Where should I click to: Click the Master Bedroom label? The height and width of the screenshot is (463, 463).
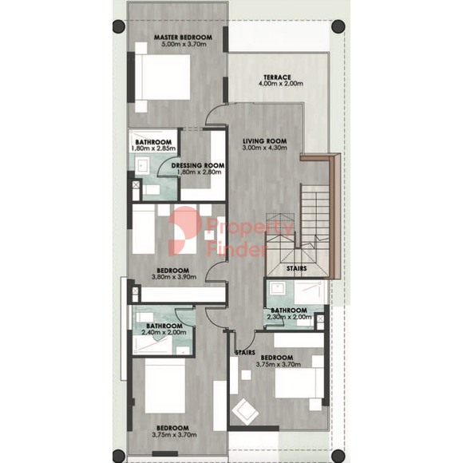[x=183, y=38]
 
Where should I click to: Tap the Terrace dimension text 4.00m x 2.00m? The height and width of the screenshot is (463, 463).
[x=280, y=84]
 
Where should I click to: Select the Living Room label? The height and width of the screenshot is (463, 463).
[x=264, y=141]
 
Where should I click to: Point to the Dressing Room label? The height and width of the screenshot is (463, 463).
[x=197, y=165]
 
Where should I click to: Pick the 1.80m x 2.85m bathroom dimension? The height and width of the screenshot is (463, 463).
[x=153, y=148]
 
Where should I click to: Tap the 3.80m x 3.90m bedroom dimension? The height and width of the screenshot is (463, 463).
[x=174, y=277]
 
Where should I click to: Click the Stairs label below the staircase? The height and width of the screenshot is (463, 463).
[x=296, y=268]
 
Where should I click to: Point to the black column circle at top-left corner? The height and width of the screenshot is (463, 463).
[x=119, y=26]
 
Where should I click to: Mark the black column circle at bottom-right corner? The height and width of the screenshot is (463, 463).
[x=338, y=456]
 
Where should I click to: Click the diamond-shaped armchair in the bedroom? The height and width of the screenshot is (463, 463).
[x=245, y=412]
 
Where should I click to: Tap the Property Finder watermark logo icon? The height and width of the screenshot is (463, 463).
[x=184, y=231]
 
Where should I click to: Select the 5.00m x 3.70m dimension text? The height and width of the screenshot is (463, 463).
[x=184, y=44]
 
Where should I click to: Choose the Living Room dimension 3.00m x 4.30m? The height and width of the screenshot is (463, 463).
[x=264, y=148]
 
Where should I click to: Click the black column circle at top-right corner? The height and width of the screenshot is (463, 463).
[x=338, y=26]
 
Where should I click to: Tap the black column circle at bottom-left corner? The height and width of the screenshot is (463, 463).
[x=119, y=456]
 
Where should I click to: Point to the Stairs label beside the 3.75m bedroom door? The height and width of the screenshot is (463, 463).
[x=245, y=353]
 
